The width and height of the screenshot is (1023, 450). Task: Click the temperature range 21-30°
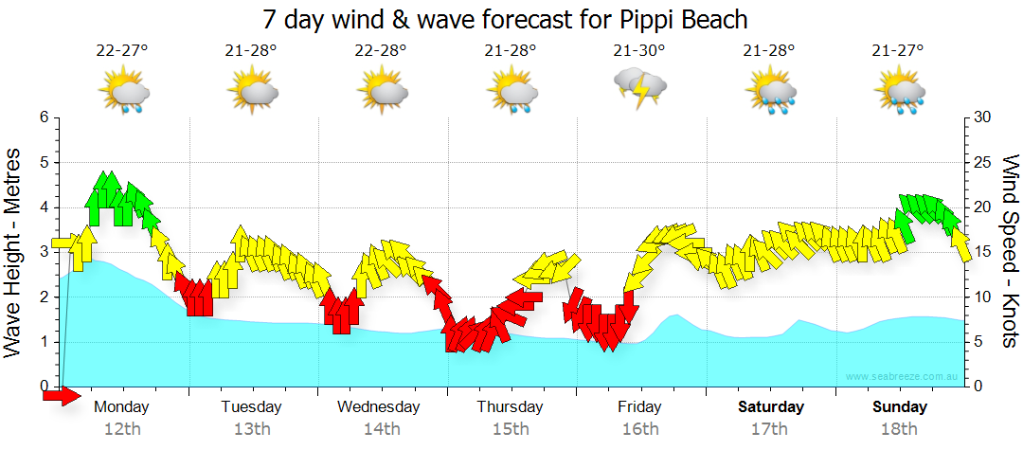click(x=639, y=51)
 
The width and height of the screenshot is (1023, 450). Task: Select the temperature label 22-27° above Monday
click(x=122, y=51)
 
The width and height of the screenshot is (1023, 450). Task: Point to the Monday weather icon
click(x=124, y=93)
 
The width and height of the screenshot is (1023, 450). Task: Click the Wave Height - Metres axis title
click(x=14, y=252)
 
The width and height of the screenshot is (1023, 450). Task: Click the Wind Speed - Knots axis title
click(x=1010, y=252)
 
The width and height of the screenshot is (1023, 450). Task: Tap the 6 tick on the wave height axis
click(x=43, y=117)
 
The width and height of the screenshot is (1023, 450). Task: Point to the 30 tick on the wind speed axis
click(x=981, y=117)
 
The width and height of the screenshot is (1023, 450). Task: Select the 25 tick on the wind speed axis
click(x=981, y=163)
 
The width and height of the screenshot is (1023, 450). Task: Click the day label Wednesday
click(x=379, y=407)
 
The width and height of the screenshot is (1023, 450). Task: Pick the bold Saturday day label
click(x=771, y=407)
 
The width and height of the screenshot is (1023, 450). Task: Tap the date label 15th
click(x=511, y=429)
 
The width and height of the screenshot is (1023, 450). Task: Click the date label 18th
click(x=900, y=429)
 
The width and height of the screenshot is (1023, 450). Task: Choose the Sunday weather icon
click(x=900, y=93)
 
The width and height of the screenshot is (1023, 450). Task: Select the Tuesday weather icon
click(x=252, y=93)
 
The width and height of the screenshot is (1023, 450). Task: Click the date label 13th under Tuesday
click(x=252, y=429)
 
